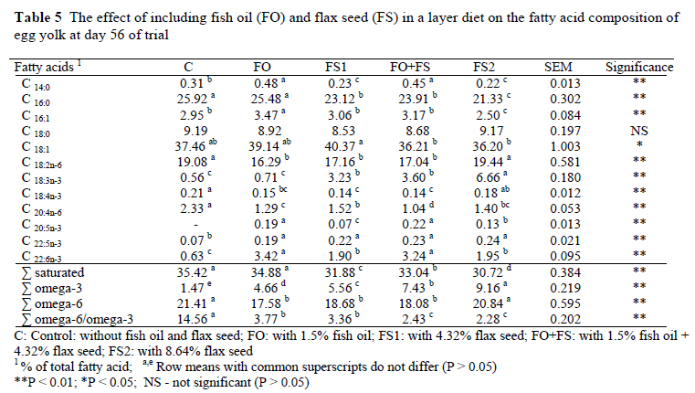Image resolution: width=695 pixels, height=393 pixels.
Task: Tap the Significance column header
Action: (x=639, y=68)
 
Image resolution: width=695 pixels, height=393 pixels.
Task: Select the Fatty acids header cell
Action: (x=43, y=68)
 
